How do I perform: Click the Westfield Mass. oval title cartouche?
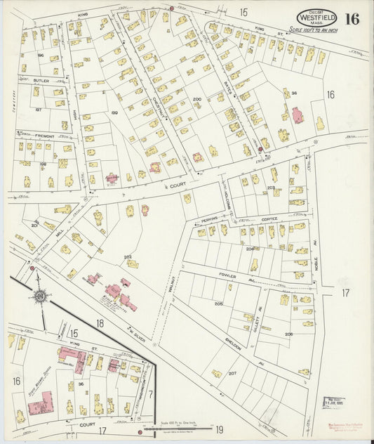tap(317, 18)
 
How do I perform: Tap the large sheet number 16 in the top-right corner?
tap(352, 19)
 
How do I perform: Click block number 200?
tap(197, 100)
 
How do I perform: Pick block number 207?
tap(233, 372)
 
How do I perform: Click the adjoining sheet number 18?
tap(100, 322)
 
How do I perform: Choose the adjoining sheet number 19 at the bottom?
tap(219, 429)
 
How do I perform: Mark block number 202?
tap(127, 256)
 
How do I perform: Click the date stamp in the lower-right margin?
tap(333, 402)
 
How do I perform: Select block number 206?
tap(289, 334)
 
